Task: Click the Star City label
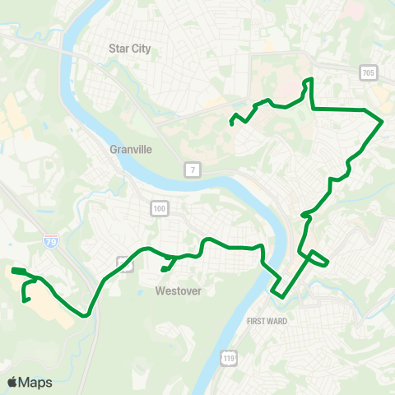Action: click(x=131, y=49)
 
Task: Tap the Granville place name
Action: click(x=131, y=150)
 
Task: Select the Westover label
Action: click(x=179, y=290)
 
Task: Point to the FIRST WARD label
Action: click(x=267, y=321)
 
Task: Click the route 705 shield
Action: click(x=368, y=74)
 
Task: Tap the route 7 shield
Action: click(x=192, y=170)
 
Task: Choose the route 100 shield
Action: click(x=159, y=210)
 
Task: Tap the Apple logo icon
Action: click(x=12, y=382)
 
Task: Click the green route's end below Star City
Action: click(x=232, y=123)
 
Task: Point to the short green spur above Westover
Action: click(x=165, y=267)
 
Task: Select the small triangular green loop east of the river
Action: click(x=319, y=259)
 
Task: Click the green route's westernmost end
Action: click(x=12, y=269)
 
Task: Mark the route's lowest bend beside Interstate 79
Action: click(x=86, y=314)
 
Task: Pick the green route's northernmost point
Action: click(x=310, y=79)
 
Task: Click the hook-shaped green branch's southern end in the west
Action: click(x=25, y=301)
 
